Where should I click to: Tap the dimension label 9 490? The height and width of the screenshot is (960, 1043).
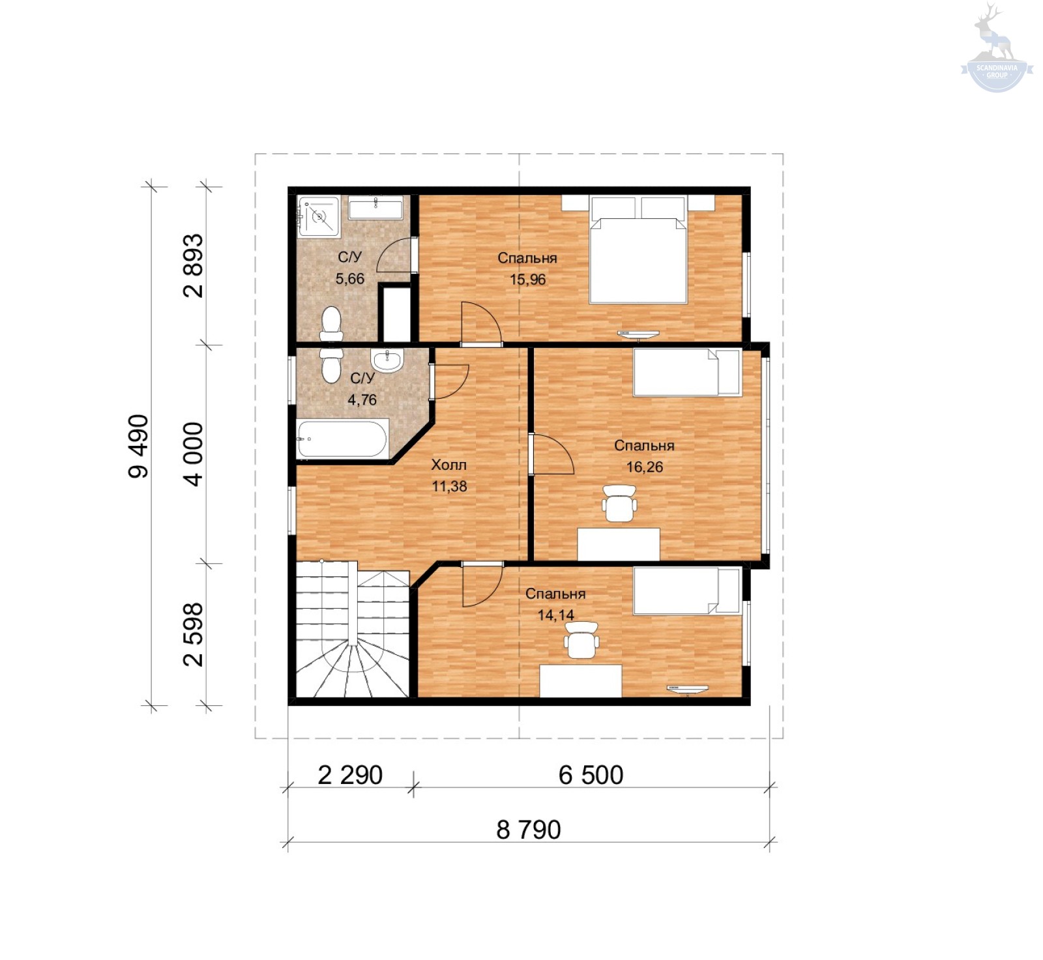click(x=139, y=446)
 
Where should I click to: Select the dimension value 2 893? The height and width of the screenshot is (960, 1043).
click(x=194, y=266)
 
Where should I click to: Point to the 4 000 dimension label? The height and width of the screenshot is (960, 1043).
click(x=194, y=454)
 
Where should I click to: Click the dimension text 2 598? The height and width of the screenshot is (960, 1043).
click(x=194, y=634)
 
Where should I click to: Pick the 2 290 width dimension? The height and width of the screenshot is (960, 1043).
click(x=350, y=775)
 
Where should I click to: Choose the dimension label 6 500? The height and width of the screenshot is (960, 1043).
click(x=591, y=775)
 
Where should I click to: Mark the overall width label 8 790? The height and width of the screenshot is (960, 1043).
click(x=529, y=830)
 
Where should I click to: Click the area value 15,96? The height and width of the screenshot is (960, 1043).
click(x=527, y=280)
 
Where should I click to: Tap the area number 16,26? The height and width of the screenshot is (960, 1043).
click(x=645, y=467)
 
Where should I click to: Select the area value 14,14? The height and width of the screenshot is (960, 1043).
click(x=556, y=615)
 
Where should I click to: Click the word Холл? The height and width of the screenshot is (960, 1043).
click(x=449, y=465)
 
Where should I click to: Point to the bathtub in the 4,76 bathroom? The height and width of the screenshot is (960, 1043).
click(x=343, y=439)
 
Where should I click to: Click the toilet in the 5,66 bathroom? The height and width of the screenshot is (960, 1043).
click(x=331, y=324)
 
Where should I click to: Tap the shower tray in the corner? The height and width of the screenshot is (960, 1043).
click(x=319, y=216)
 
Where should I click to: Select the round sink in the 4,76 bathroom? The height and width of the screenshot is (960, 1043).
click(x=387, y=360)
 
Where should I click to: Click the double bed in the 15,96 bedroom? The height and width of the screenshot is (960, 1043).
click(x=638, y=250)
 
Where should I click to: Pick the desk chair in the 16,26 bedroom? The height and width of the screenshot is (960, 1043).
click(x=619, y=503)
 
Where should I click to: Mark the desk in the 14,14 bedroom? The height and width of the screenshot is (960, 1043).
click(x=581, y=681)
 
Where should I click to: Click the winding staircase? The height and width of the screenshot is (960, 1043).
click(x=353, y=630)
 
